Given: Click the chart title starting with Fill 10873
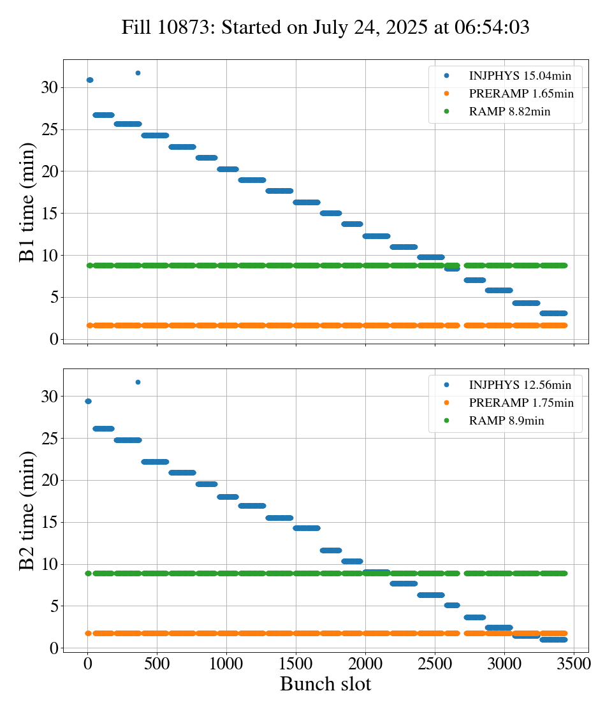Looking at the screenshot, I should [325, 27].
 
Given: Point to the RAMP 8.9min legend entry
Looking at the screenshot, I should [506, 421].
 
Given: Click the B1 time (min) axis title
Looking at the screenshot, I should [27, 202].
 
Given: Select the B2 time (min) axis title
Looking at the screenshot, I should [27, 510].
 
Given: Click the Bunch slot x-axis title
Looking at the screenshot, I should [325, 684].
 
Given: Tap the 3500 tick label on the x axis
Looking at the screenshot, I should [574, 664].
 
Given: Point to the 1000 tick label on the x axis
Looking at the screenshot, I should [226, 664].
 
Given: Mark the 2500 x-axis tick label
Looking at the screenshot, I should [435, 664].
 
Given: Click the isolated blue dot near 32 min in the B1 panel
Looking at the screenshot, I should [138, 73].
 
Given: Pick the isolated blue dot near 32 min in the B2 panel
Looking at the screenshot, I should [138, 382].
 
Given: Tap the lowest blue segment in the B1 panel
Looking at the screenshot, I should [553, 313].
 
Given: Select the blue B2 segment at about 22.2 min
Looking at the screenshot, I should [155, 462].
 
